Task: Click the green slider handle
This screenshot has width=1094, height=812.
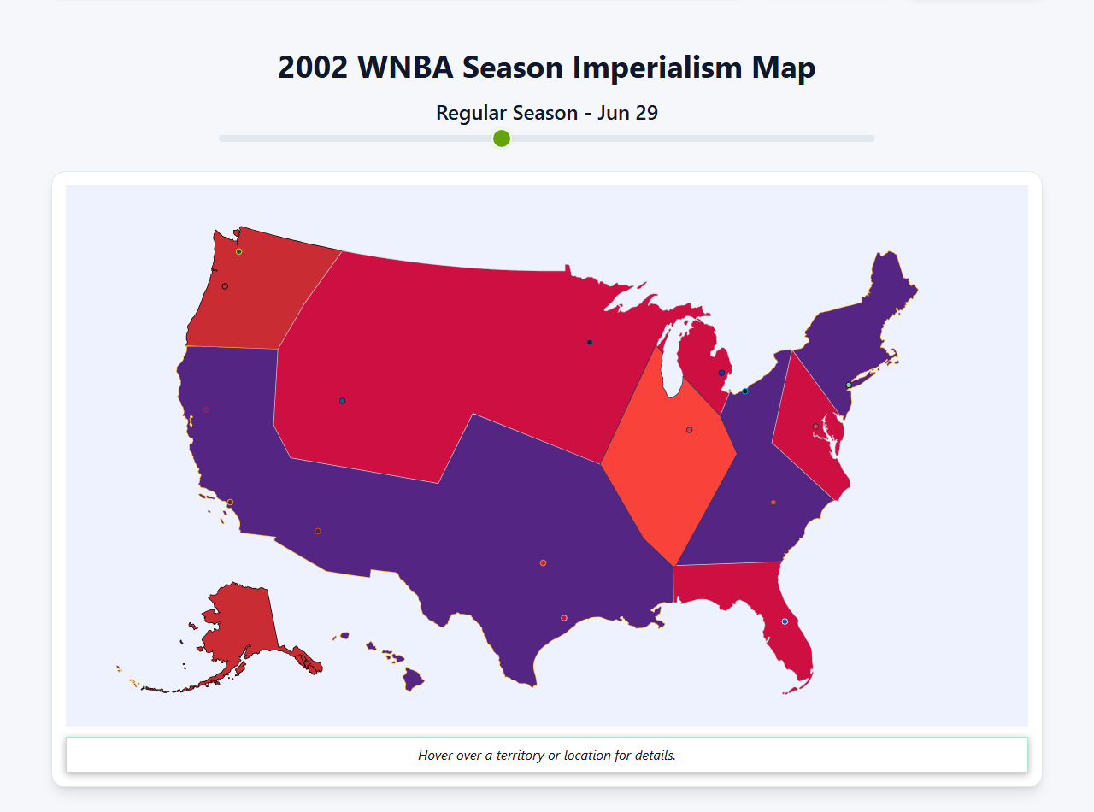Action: [x=502, y=138]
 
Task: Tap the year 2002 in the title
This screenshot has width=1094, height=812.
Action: [x=313, y=68]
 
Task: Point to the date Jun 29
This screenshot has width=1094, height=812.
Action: [x=627, y=113]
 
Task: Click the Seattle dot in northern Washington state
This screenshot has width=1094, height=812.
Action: [x=239, y=251]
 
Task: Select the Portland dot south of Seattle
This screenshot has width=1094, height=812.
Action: [x=225, y=286]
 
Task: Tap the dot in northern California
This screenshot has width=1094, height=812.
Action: [x=206, y=410]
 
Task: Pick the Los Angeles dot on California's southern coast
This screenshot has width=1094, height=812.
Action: [x=230, y=503]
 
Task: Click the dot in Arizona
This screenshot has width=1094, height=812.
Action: [x=318, y=532]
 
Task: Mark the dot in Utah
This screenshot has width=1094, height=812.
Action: [x=342, y=401]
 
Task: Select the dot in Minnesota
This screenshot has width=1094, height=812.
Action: [x=590, y=343]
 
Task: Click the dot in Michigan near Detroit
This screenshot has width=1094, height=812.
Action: [x=722, y=374]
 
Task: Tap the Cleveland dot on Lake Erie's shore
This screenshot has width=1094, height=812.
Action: [x=745, y=391]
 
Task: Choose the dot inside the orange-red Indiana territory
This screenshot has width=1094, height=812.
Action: [x=690, y=430]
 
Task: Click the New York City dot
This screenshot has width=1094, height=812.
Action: [x=849, y=385]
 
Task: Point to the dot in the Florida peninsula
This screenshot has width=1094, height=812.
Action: [x=785, y=621]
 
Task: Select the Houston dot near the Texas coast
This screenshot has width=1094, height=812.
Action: [x=564, y=618]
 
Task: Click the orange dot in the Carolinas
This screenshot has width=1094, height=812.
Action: [x=773, y=503]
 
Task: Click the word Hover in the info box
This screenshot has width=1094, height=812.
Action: [x=435, y=756]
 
